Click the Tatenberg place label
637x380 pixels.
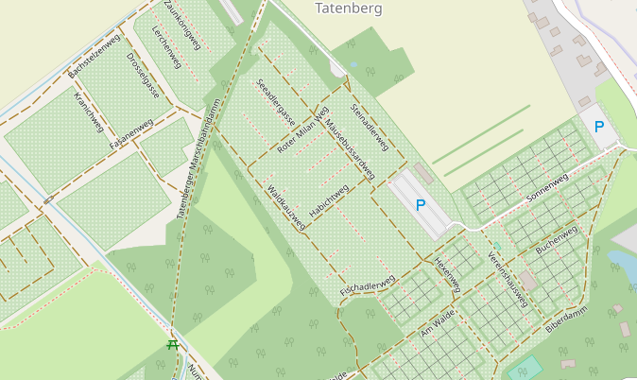tap(349, 9)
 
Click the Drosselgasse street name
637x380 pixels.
tap(143, 76)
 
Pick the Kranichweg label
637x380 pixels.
tap(88, 112)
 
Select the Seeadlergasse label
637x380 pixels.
tap(276, 102)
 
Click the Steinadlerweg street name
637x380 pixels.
tap(370, 127)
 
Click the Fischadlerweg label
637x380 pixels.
tap(366, 287)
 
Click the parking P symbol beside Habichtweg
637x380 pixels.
tap(421, 204)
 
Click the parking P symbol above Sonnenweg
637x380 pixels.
tap(598, 127)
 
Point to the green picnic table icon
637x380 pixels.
tap(173, 345)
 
